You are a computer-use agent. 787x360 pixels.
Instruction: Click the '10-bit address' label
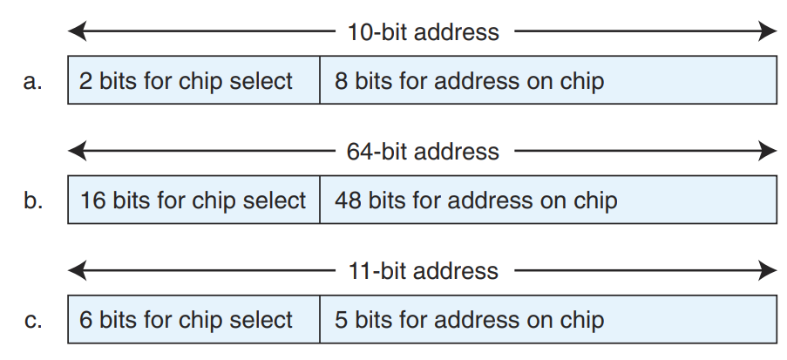pyautogui.click(x=423, y=32)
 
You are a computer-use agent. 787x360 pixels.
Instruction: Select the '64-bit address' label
pyautogui.click(x=423, y=151)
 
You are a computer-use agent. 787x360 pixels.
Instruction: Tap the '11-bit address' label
pyautogui.click(x=423, y=270)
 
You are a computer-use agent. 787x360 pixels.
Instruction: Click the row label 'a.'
pyautogui.click(x=33, y=82)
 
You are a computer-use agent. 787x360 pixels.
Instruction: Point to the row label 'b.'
pyautogui.click(x=33, y=200)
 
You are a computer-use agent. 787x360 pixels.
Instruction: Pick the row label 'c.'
pyautogui.click(x=33, y=320)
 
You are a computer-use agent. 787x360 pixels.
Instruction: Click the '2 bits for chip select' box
pyautogui.click(x=193, y=81)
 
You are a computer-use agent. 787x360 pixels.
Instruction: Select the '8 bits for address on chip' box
pyautogui.click(x=547, y=81)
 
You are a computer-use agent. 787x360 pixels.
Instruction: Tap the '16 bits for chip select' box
pyautogui.click(x=193, y=200)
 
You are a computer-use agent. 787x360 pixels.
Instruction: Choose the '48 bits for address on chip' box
pyautogui.click(x=547, y=200)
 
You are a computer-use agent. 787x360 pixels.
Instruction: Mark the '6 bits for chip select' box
pyautogui.click(x=193, y=320)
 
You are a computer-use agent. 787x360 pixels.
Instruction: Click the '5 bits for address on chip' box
pyautogui.click(x=547, y=320)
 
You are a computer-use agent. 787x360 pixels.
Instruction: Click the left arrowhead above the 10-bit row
pyautogui.click(x=77, y=32)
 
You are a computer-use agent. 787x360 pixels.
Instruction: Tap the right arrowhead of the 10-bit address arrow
pyautogui.click(x=768, y=32)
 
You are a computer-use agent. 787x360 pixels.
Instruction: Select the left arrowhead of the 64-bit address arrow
pyautogui.click(x=77, y=151)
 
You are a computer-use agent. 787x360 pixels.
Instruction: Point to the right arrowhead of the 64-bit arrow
pyautogui.click(x=768, y=151)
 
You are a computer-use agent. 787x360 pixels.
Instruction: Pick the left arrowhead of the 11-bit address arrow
pyautogui.click(x=77, y=270)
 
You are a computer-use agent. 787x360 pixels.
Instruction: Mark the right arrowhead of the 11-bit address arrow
pyautogui.click(x=768, y=270)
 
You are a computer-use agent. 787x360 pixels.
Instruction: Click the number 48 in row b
pyautogui.click(x=349, y=200)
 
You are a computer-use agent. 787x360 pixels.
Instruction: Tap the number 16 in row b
pyautogui.click(x=92, y=200)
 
